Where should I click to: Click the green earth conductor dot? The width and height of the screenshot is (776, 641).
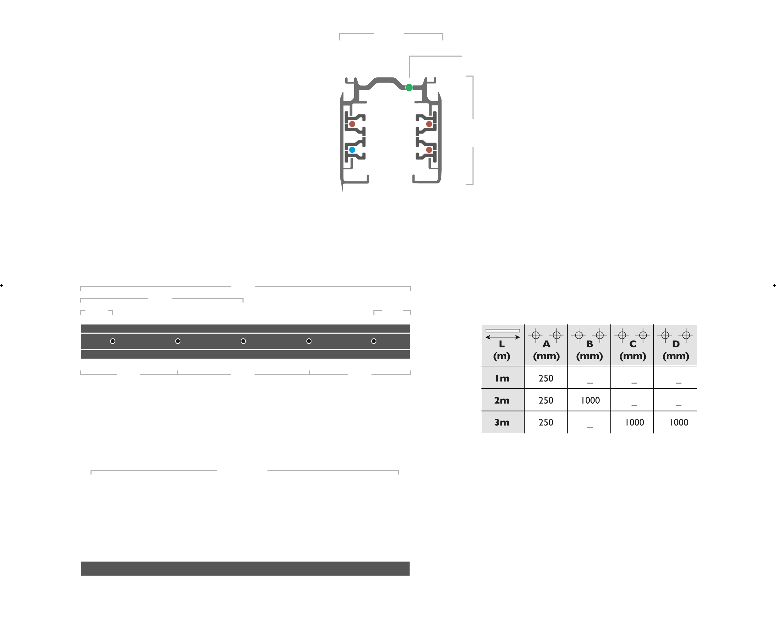pos(409,88)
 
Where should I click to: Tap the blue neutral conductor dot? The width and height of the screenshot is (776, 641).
pos(352,150)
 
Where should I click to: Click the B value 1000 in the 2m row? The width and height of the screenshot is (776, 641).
pos(590,400)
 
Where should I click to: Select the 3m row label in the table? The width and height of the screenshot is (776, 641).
pos(502,422)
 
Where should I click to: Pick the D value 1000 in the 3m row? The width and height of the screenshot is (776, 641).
pos(678,422)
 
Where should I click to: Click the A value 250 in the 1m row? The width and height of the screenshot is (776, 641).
pos(546,378)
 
